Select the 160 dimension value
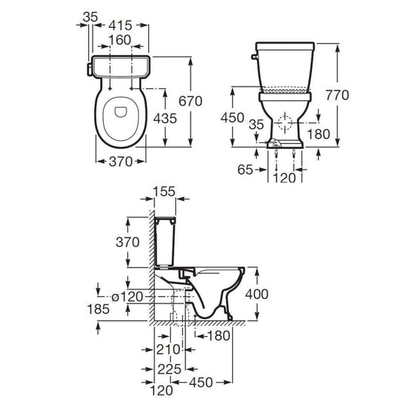(121, 39)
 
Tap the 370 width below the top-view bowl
(121, 160)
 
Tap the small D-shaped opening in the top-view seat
(122, 112)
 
